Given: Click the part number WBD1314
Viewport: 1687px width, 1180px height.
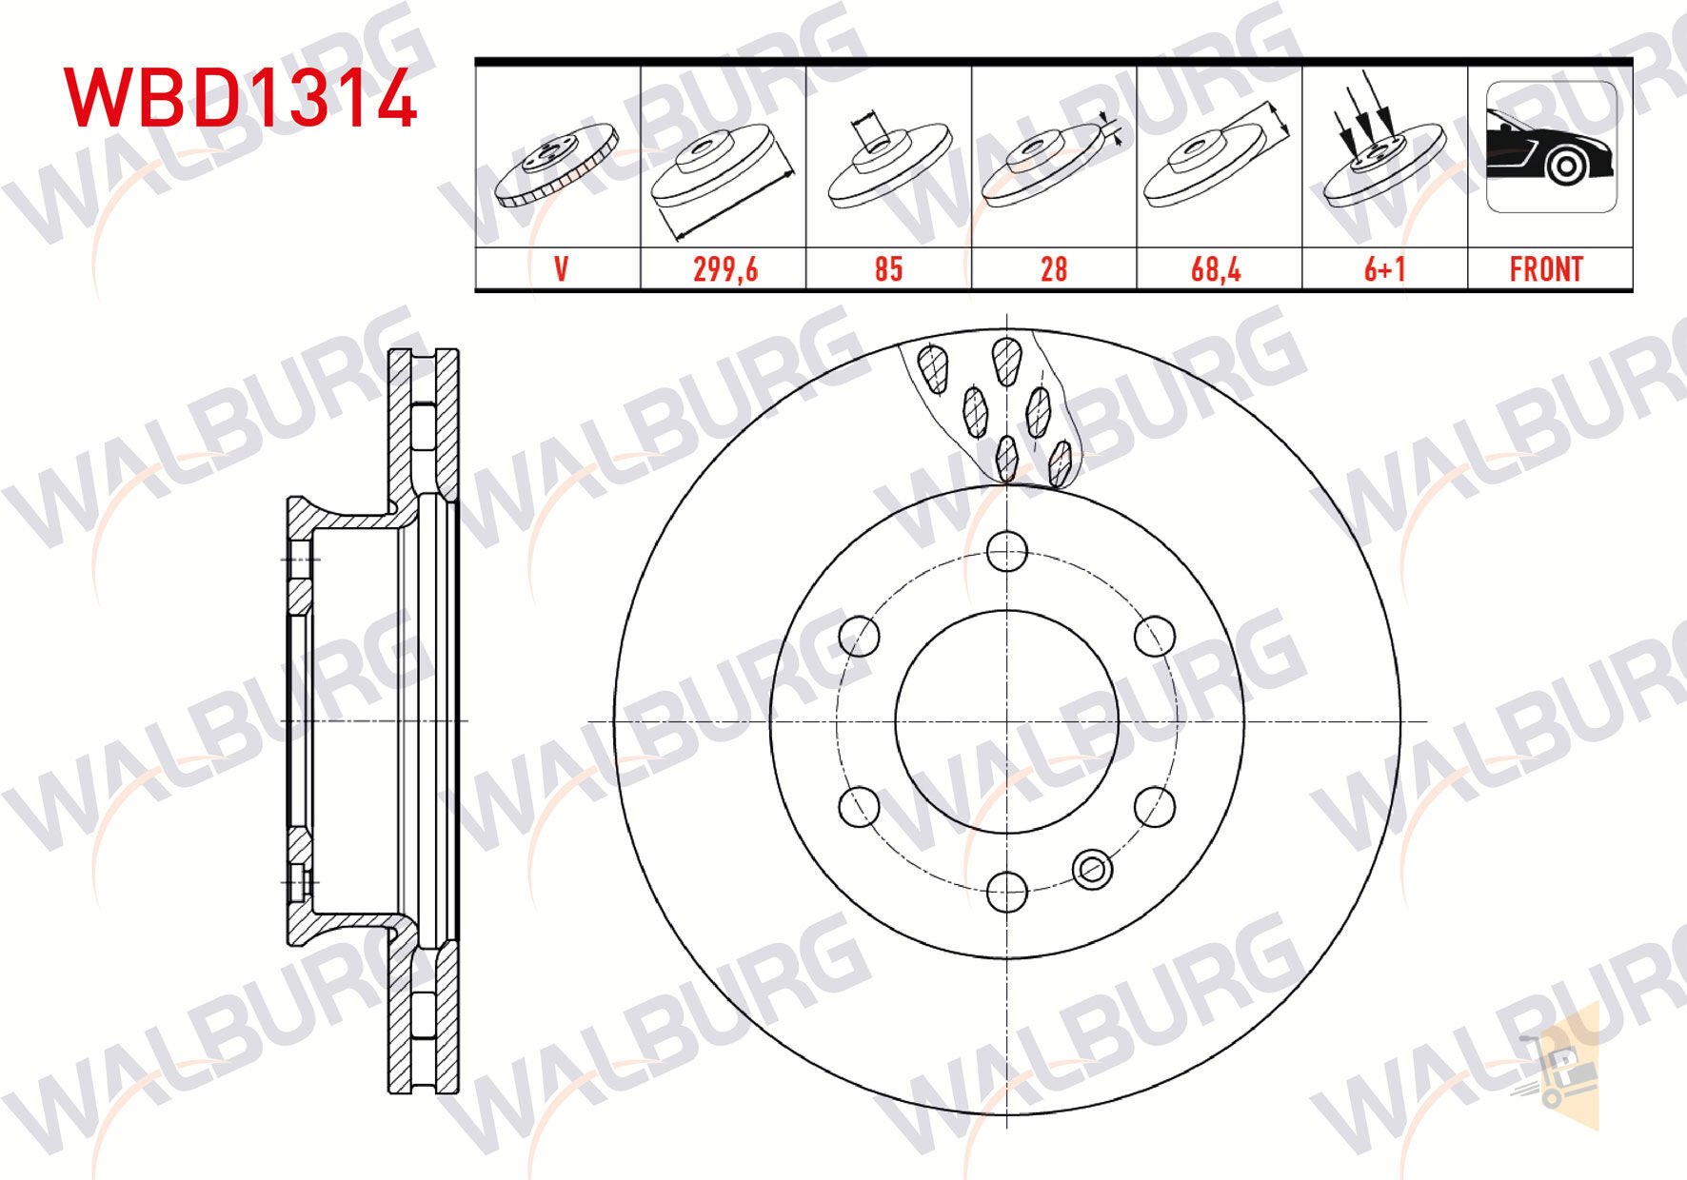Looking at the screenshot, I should pos(240,98).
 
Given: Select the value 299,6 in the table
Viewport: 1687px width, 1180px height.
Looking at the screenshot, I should pos(724,269).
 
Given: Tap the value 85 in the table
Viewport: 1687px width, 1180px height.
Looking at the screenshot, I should pos(887,269).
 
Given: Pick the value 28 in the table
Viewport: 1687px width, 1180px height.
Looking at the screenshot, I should pos(1053,269).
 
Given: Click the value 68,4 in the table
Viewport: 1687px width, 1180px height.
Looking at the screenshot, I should pos(1216,269).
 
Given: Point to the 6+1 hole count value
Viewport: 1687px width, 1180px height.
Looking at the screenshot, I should pos(1384,269).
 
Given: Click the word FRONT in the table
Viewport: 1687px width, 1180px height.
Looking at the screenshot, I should pos(1546,269).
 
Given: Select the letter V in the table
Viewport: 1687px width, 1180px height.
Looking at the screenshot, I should pos(560,269).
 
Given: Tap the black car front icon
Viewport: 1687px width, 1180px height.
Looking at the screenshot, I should pos(1550,148).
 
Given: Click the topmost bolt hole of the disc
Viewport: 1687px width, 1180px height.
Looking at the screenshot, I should pos(1007,550).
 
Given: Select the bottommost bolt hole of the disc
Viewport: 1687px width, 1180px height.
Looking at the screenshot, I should pos(1007,891).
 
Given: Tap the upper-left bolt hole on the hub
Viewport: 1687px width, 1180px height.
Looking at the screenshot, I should pos(860,636).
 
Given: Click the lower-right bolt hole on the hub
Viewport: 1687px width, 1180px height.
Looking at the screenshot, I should pos(1155,806).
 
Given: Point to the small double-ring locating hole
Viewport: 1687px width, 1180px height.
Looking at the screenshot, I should pos(1092,868).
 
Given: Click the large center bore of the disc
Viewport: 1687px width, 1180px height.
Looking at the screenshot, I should pos(1007,720).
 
